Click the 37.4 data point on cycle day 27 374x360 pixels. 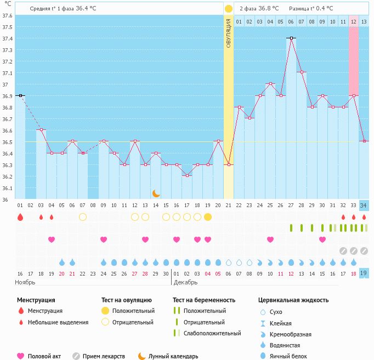point(291,38)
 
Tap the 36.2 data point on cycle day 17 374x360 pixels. point(187,176)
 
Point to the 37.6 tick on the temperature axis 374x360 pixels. point(7,15)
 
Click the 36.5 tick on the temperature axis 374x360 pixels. point(7,142)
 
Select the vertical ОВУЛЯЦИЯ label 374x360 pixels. point(229,32)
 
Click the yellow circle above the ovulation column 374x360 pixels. point(229,9)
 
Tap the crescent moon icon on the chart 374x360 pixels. point(156,193)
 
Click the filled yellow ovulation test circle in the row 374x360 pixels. point(208,217)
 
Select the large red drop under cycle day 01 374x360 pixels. point(20,217)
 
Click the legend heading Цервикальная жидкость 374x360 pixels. point(293,300)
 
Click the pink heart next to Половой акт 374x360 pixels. point(20,356)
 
